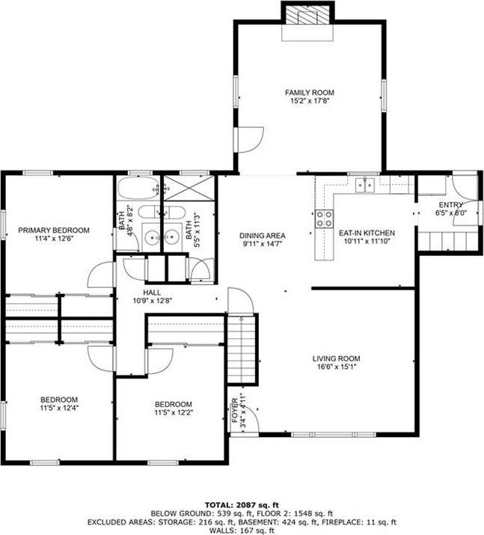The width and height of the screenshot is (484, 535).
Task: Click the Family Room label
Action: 308,93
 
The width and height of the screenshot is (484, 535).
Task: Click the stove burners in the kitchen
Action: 325,218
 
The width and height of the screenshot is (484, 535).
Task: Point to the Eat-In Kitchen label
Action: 367,233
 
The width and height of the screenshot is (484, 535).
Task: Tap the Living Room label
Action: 337,358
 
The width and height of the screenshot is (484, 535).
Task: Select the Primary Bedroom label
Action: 54,230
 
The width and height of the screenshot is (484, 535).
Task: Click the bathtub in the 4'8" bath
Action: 138,188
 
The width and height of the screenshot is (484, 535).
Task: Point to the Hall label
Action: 153,292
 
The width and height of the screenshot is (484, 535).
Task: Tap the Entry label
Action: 450,205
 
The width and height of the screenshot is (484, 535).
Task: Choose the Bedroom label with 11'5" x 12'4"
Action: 59,400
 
